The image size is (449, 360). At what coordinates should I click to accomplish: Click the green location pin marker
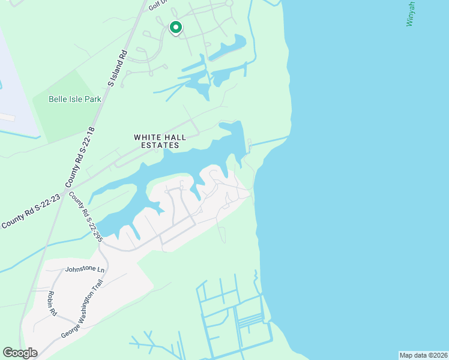(175, 28)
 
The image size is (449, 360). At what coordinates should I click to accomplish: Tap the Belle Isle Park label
(74, 99)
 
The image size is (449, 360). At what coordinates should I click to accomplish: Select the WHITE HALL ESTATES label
(159, 141)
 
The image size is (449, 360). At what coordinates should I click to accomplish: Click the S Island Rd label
(118, 67)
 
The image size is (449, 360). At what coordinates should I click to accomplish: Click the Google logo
(20, 353)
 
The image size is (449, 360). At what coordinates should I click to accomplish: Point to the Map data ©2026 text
(423, 355)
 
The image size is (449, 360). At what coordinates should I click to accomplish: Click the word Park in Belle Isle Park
(92, 99)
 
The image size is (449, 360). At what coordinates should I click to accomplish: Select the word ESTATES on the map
(160, 145)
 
